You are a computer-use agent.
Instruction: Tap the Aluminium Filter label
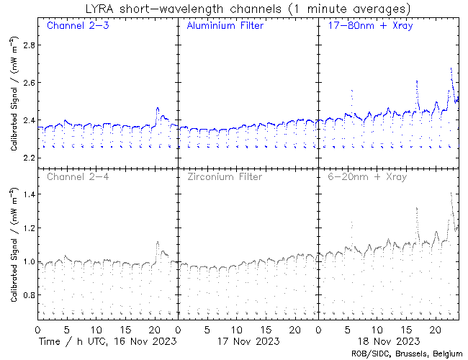(x=225, y=26)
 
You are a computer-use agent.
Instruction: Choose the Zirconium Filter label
(x=224, y=176)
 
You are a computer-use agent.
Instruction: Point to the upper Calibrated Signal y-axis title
(x=14, y=101)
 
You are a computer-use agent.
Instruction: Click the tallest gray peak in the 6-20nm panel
(x=451, y=193)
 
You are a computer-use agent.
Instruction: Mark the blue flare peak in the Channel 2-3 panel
(x=158, y=108)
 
